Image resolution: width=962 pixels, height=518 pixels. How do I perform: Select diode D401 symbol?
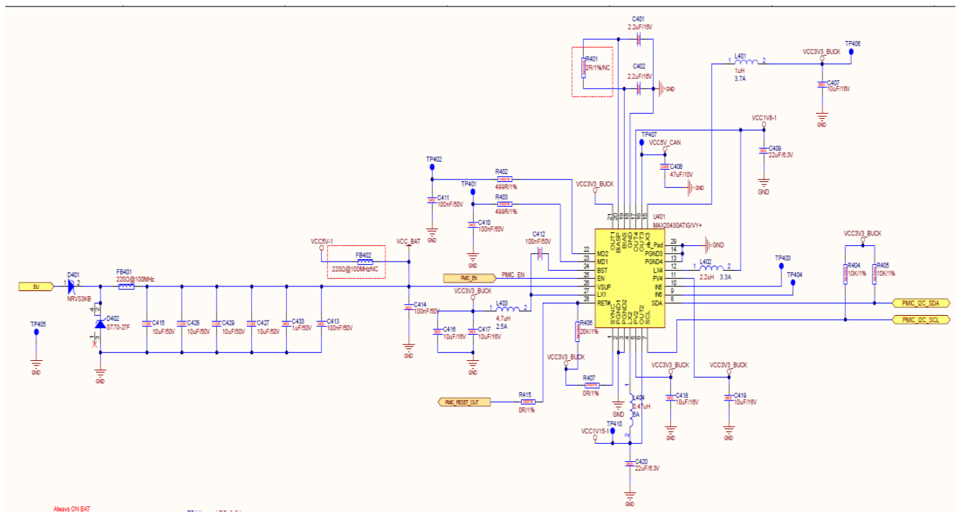(72, 286)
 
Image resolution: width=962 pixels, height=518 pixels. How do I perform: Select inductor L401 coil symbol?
(746, 63)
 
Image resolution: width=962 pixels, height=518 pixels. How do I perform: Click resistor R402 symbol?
(505, 179)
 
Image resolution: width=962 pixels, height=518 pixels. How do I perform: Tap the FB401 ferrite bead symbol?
(125, 286)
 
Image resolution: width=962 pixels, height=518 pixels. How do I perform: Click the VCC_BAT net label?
(408, 241)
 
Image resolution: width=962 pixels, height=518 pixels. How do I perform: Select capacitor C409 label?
(775, 148)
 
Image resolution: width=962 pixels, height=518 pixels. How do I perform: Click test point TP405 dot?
(36, 331)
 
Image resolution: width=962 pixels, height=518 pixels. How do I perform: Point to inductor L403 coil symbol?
(508, 310)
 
